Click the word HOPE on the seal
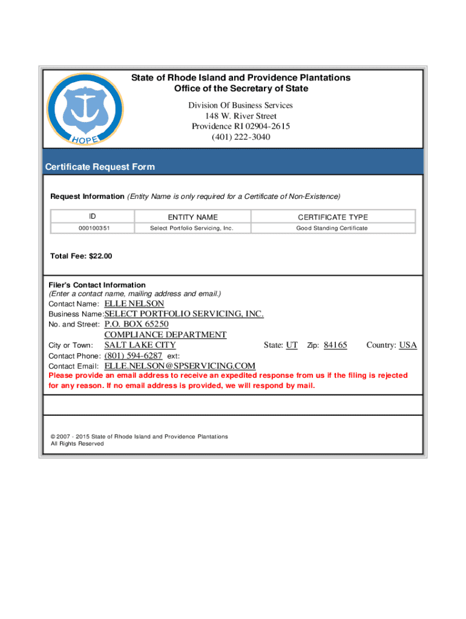coord(85,138)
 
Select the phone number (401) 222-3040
coord(241,137)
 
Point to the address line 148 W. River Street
coord(241,116)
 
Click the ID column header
coord(92,216)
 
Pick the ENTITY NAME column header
coord(192,217)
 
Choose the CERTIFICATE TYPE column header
coord(332,217)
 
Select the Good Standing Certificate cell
coord(332,228)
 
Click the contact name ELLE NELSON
coord(134,303)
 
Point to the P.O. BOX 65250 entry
coord(136,324)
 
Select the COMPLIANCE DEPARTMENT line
coord(165,334)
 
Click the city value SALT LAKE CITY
coord(140,345)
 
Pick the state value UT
coord(292,345)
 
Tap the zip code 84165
coord(335,345)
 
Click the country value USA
coord(408,345)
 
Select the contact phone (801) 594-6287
coord(133,355)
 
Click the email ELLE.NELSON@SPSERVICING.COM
coord(180,366)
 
